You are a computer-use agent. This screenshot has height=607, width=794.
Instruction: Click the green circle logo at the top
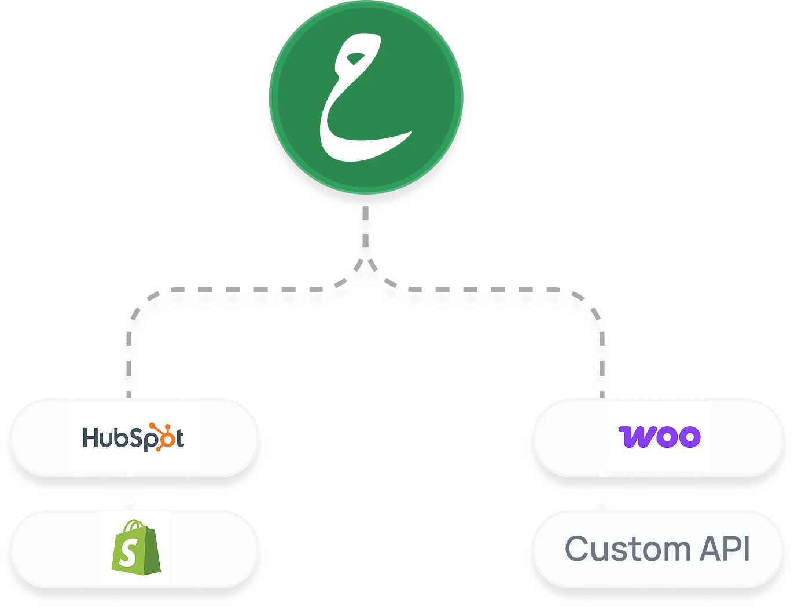(x=366, y=97)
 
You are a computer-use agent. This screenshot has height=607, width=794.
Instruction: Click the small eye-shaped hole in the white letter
(x=356, y=58)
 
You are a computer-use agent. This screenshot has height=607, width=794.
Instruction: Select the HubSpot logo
(x=134, y=437)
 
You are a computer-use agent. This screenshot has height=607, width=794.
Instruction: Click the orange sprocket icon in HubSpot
(x=161, y=436)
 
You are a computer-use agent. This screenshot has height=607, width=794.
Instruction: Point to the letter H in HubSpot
(x=90, y=437)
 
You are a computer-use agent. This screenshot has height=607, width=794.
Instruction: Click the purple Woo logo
(x=659, y=437)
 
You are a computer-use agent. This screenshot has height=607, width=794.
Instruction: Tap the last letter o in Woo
(x=690, y=437)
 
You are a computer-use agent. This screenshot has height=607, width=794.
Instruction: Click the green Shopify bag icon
(x=135, y=547)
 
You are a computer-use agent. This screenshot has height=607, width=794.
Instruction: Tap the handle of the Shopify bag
(x=134, y=525)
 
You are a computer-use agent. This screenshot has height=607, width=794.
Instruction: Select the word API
(x=725, y=549)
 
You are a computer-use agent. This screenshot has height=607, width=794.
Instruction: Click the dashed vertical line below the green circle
(x=365, y=226)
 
